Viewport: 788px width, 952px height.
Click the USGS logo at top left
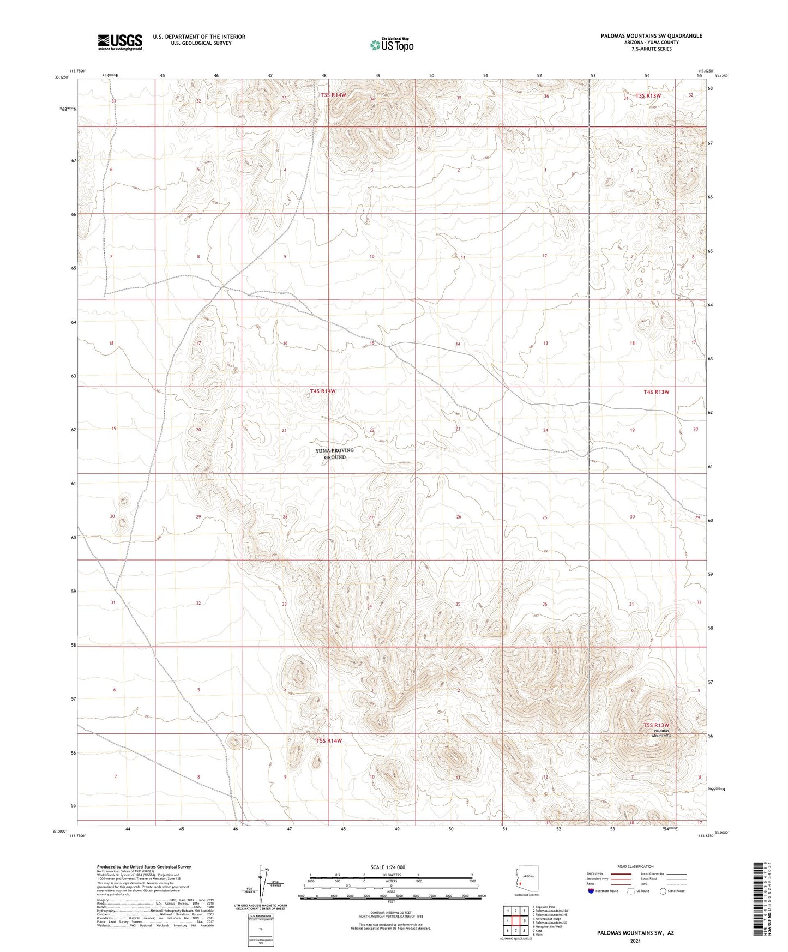coord(120,41)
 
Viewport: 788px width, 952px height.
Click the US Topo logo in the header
coord(391,45)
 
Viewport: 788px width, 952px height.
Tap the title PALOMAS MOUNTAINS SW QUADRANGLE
coord(651,36)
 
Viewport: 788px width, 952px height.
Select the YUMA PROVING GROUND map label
coord(335,454)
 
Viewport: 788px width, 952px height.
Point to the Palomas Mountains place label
coord(661,733)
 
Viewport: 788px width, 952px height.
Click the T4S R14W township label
coord(323,391)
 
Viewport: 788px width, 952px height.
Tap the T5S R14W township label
coord(329,740)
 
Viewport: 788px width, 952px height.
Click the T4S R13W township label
coord(656,392)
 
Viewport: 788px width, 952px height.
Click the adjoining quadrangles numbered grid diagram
coord(515,920)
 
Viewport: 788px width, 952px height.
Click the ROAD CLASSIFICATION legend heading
coord(635,866)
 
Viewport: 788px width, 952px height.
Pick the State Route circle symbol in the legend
coord(663,891)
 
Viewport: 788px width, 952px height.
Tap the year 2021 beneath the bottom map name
coord(635,941)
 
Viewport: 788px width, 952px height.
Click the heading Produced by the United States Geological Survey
coord(144,866)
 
